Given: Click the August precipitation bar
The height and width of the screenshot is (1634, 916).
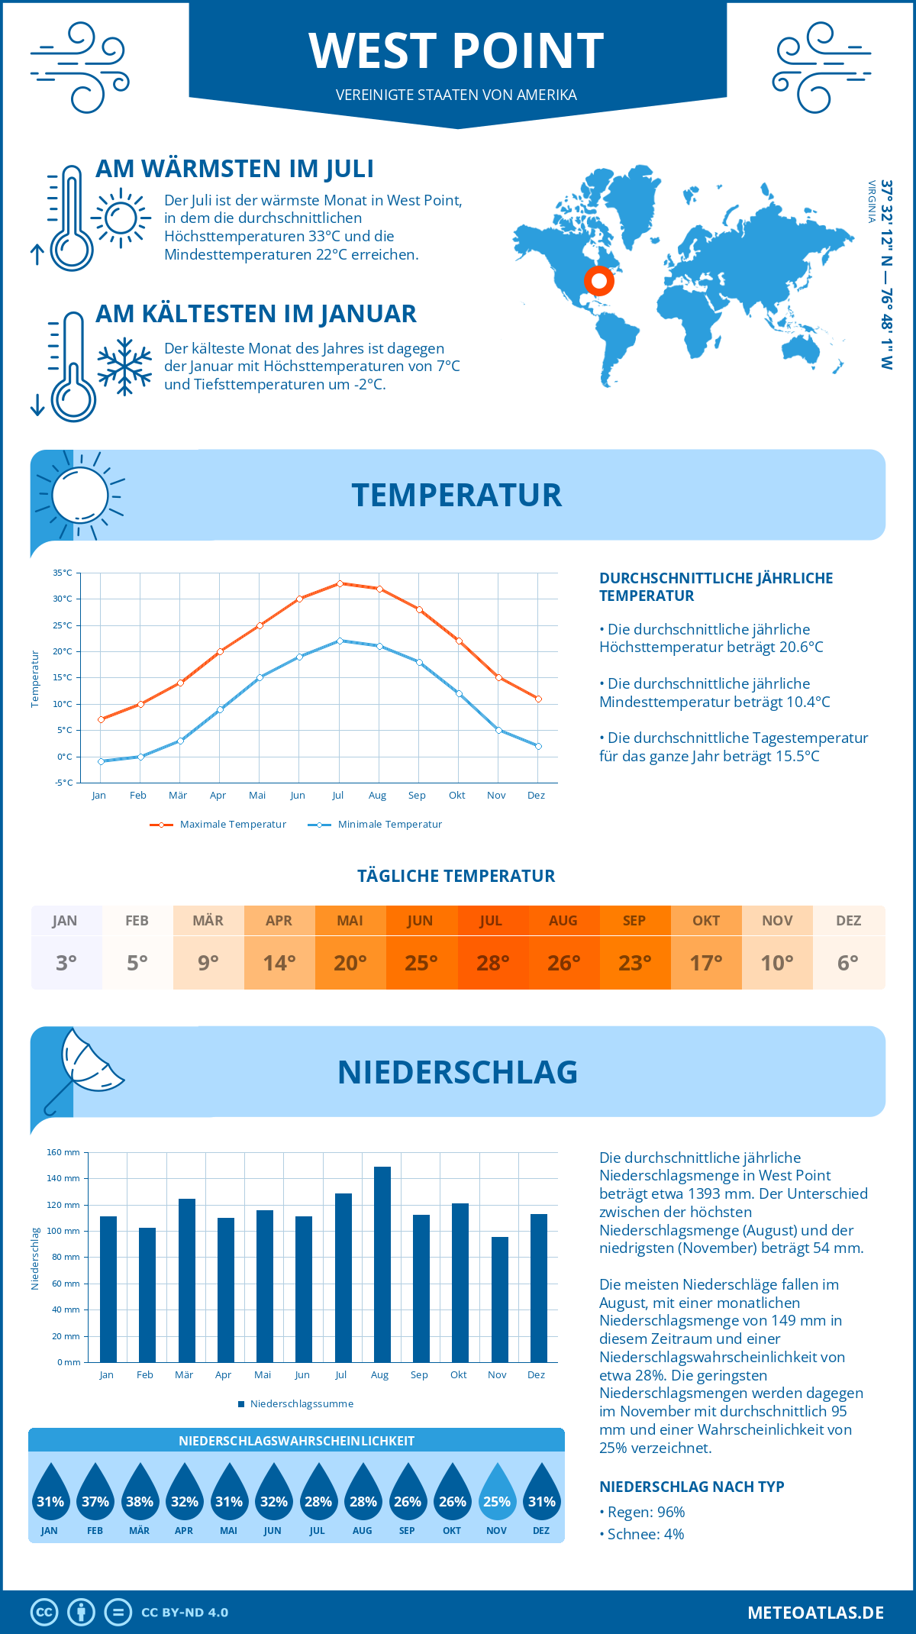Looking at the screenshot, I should [382, 1264].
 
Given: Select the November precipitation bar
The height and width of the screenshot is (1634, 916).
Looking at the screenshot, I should [500, 1300].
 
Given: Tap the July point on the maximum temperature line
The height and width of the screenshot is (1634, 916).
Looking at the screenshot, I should [340, 583].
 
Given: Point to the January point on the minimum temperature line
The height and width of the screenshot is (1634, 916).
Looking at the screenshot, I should [101, 761].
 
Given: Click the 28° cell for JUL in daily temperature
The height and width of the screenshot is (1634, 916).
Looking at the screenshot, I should [492, 963].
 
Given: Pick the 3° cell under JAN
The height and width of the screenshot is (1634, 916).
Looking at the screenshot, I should [66, 963].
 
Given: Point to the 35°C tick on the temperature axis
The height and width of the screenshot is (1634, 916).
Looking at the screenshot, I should [63, 573].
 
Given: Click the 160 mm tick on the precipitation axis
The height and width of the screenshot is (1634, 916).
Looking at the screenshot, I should [63, 1152].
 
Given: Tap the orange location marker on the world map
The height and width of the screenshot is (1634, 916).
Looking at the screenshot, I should [599, 281].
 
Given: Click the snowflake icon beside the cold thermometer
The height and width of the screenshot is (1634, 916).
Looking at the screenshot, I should [124, 367].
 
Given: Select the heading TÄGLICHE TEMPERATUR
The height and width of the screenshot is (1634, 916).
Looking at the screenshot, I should [456, 876].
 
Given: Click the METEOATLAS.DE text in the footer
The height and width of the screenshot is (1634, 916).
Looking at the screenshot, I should [815, 1613].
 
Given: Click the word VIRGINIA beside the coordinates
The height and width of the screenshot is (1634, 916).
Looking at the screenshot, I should [871, 202].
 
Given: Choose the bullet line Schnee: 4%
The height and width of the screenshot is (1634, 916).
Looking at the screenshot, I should [642, 1534].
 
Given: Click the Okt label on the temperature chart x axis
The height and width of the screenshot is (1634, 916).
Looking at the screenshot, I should [456, 796].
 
